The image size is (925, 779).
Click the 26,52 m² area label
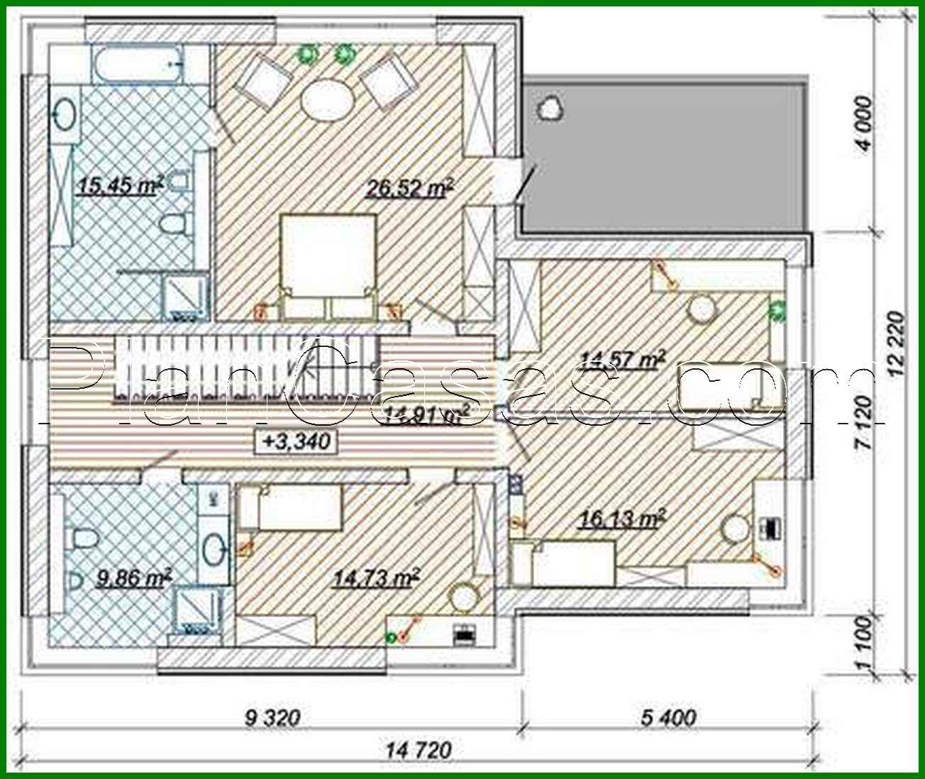(409, 188)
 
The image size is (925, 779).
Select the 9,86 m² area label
(133, 579)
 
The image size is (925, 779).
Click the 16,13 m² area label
(621, 519)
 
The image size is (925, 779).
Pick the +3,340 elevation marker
(296, 441)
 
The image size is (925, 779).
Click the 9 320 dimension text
(272, 719)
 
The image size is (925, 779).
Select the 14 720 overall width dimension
(419, 749)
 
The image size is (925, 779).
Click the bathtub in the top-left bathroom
(138, 65)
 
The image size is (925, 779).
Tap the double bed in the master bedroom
(328, 263)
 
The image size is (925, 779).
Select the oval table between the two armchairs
(326, 101)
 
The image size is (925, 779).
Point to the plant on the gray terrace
(550, 108)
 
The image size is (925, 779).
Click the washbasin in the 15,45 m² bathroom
(65, 114)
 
